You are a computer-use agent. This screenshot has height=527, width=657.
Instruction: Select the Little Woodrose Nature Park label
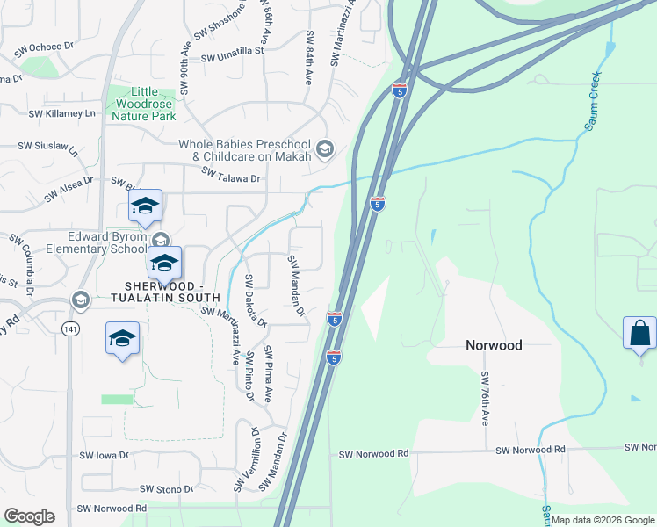point(141,104)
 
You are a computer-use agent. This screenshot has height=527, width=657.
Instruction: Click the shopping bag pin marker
point(639,334)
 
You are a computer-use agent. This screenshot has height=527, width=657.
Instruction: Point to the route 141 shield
point(70,328)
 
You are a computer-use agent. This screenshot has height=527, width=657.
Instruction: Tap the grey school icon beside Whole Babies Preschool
point(325,149)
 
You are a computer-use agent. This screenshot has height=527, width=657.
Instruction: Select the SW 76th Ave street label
point(484,398)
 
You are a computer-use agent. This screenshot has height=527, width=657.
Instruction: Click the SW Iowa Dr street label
point(104,456)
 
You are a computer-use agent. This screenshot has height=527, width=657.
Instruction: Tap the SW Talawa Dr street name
point(232,177)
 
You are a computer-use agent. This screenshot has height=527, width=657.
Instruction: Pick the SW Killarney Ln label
point(61,113)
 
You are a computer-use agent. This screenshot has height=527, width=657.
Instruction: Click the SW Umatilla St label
point(232,52)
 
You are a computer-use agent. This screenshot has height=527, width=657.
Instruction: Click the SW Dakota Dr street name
point(256,300)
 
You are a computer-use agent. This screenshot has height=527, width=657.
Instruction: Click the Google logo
point(29,516)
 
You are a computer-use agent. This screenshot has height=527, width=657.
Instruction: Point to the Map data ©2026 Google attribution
point(602,521)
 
